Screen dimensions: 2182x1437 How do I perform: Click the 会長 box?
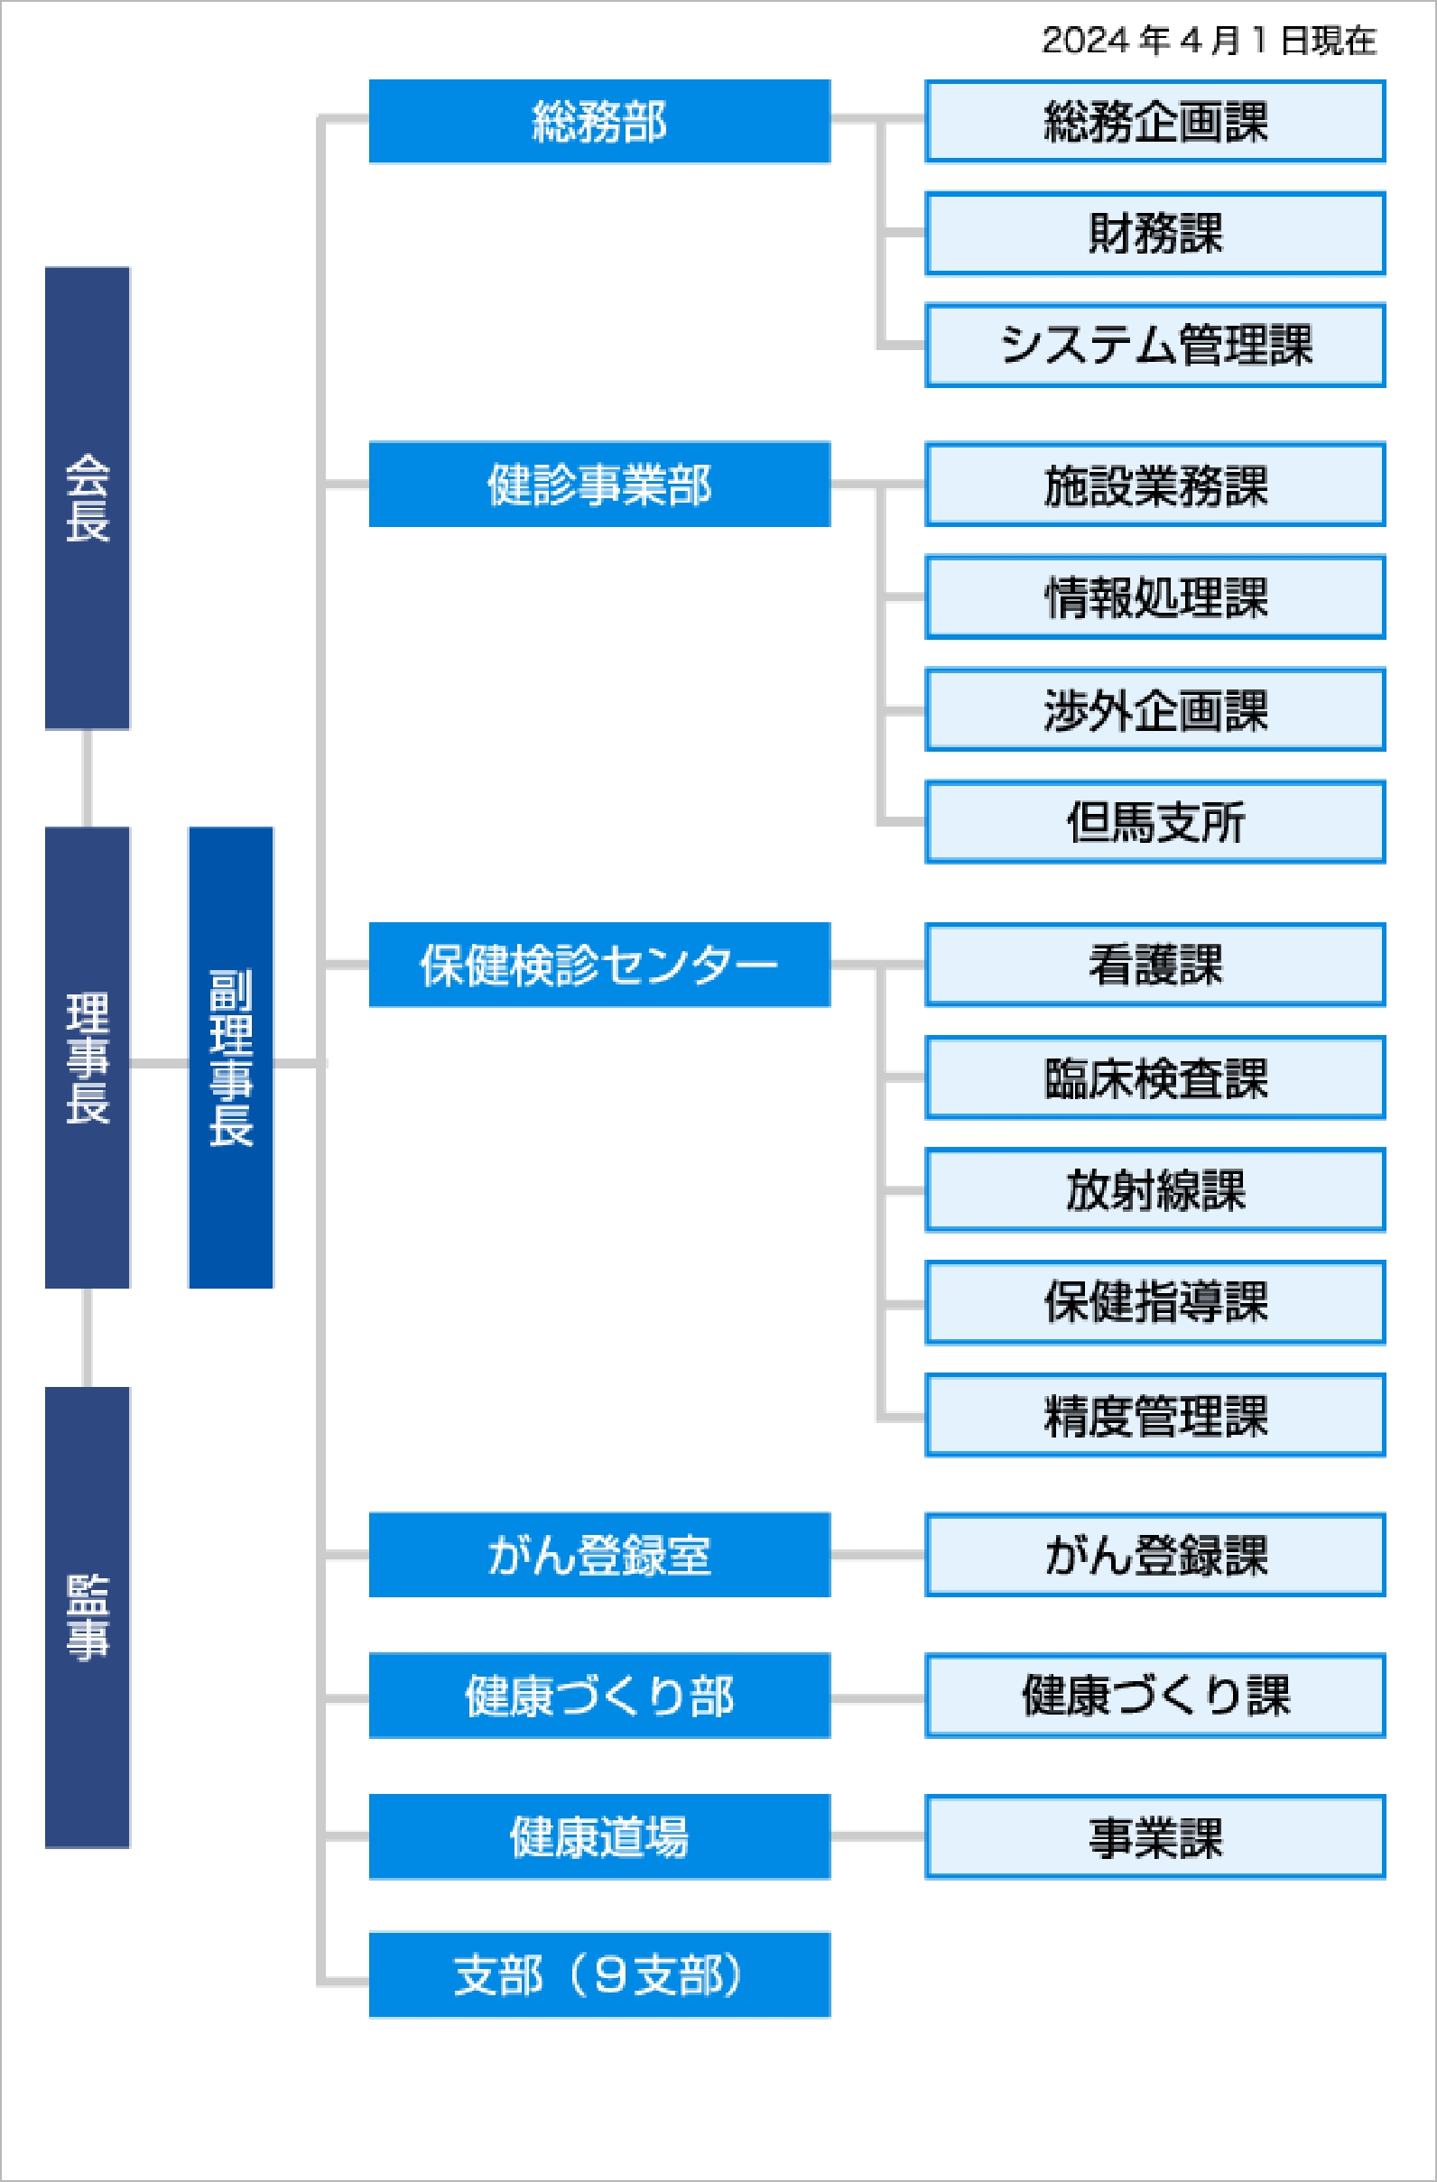tap(88, 498)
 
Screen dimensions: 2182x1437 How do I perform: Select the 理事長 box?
tap(88, 1057)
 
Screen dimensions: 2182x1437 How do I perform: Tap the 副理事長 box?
tap(230, 1057)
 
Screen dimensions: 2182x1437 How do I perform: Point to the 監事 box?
tap(88, 1617)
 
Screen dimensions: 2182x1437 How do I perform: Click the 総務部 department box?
tap(598, 121)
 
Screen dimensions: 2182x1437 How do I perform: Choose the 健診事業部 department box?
tap(598, 484)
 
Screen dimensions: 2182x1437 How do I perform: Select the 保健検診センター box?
tap(598, 965)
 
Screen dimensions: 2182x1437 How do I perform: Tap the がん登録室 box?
tap(598, 1555)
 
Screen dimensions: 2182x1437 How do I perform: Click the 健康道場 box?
tap(598, 1836)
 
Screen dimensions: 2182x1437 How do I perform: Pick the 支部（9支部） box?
tap(598, 1974)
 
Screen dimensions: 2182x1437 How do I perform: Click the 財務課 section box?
tap(1154, 234)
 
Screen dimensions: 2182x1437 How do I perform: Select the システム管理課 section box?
tap(1154, 346)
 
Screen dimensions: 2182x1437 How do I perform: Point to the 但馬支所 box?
tap(1154, 821)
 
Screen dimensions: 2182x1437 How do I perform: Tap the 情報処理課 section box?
tap(1154, 596)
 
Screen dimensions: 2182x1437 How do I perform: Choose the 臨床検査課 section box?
tap(1154, 1077)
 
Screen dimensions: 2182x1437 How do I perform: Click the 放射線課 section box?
tap(1154, 1190)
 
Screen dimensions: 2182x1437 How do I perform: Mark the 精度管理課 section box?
tap(1154, 1415)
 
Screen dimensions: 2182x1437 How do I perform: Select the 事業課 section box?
tap(1154, 1837)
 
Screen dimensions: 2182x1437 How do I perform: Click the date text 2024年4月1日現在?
tap(1209, 41)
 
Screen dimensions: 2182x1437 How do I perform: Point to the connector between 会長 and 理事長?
tap(88, 779)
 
